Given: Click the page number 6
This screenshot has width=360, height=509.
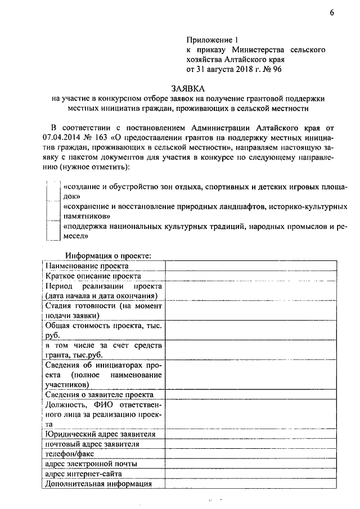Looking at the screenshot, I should (x=332, y=14).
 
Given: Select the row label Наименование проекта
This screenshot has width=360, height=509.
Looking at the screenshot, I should (x=87, y=265).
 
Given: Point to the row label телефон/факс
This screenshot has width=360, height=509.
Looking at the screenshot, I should (x=70, y=454).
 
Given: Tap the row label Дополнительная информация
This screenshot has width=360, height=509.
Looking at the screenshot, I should (x=98, y=484).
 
